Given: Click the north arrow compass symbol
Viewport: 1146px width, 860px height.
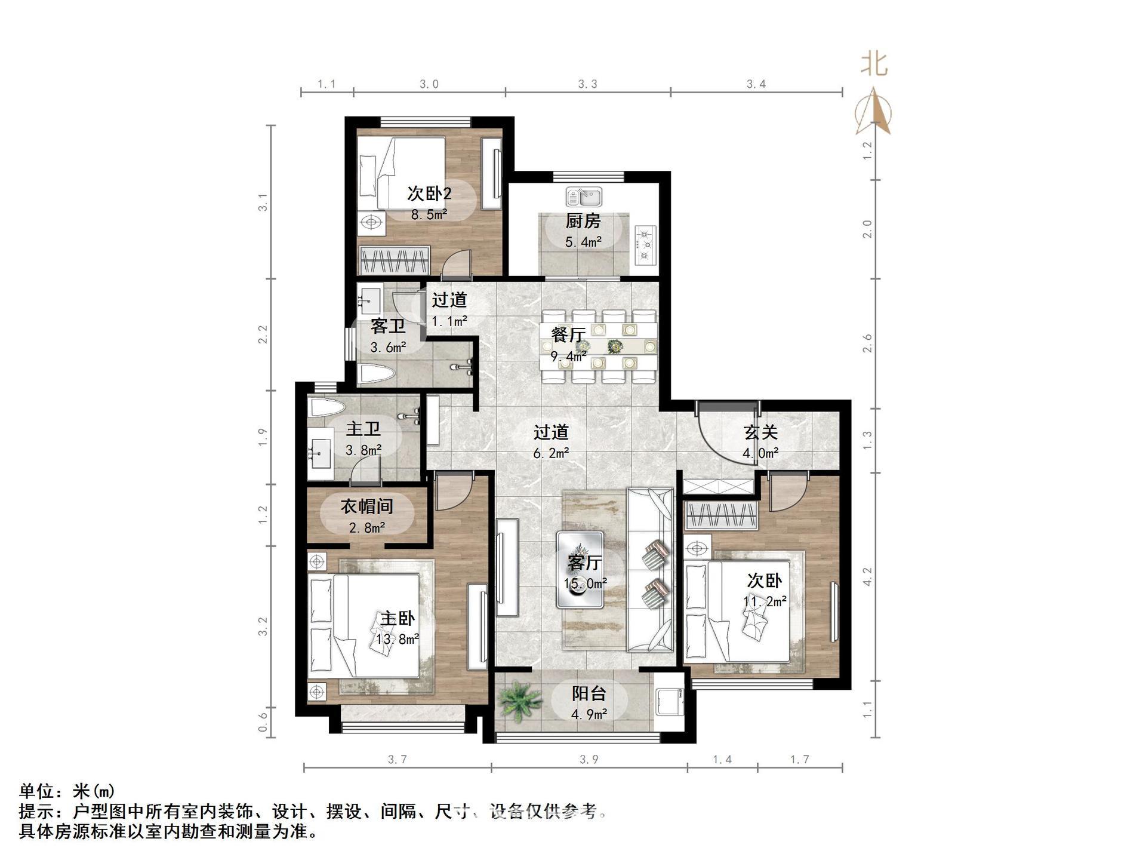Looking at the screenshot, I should (874, 110).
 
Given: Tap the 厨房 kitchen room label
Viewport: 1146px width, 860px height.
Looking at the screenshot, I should (583, 222).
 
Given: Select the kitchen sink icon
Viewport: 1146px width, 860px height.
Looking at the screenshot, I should (584, 196).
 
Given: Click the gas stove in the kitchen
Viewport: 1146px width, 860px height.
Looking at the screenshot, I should (646, 245).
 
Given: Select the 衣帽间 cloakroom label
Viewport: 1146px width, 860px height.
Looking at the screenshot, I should (366, 507).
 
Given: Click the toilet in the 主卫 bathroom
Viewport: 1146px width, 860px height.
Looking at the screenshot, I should (327, 408).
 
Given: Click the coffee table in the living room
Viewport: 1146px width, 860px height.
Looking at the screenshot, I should (580, 570).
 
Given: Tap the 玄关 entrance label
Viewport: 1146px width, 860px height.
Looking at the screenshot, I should (760, 432).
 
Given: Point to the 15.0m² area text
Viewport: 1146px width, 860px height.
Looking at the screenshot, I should (586, 583).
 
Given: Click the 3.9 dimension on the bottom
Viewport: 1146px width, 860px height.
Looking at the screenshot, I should (589, 760).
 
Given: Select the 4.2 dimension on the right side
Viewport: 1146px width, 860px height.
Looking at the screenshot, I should (867, 576).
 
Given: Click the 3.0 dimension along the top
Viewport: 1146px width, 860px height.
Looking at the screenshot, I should (429, 84).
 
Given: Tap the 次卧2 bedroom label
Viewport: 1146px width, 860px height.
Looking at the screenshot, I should (429, 193).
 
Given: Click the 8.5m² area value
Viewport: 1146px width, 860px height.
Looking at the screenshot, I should (429, 214).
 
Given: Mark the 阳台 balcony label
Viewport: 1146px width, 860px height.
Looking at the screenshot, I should (589, 693).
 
